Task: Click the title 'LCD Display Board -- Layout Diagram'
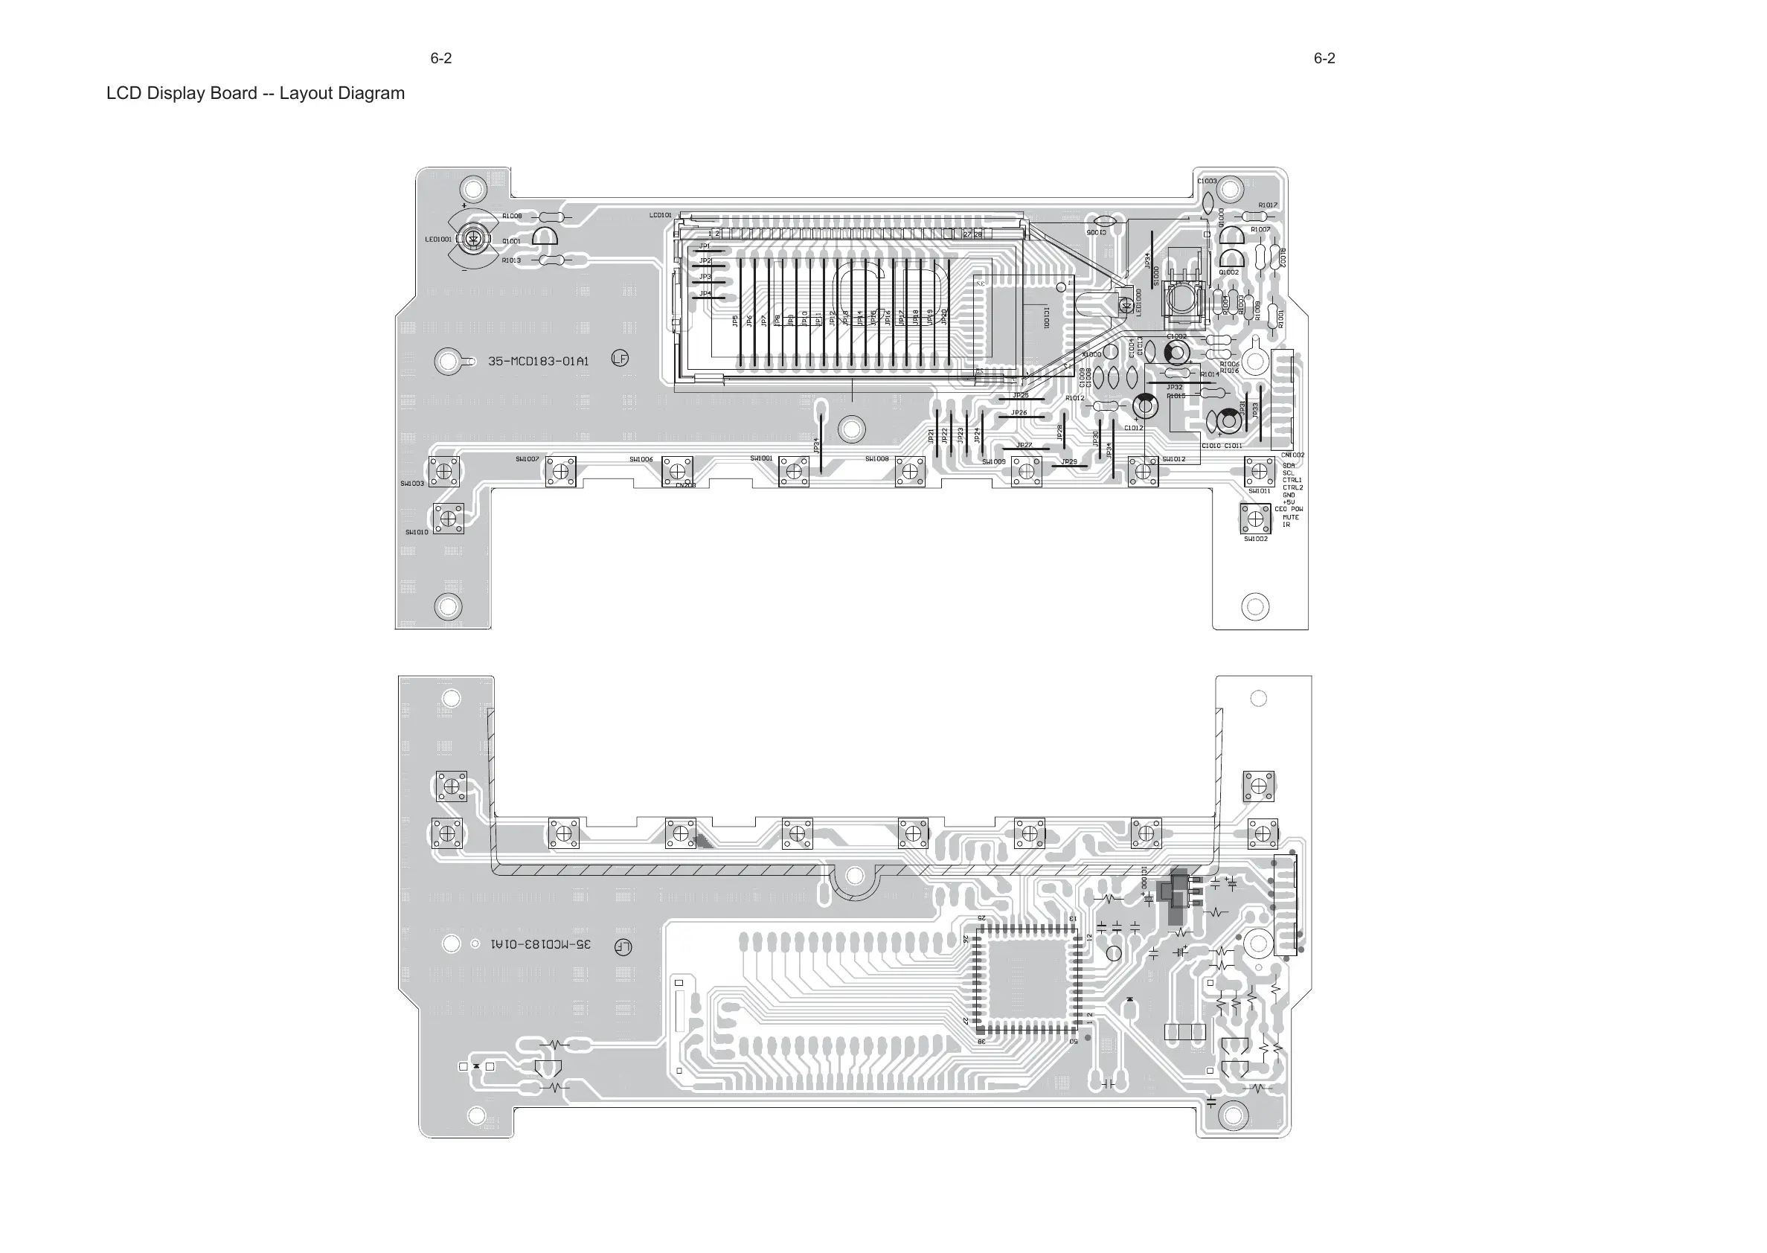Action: point(255,93)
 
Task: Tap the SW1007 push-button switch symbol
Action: point(561,472)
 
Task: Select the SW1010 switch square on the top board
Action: point(448,519)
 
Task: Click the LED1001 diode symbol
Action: point(474,239)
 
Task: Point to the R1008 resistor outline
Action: point(551,217)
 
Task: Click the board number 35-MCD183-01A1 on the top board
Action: point(538,361)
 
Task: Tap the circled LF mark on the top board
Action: point(620,359)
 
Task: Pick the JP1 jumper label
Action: point(704,246)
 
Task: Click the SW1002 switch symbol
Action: point(1255,519)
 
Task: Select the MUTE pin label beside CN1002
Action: point(1290,517)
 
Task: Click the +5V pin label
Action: point(1289,502)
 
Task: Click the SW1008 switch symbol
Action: point(910,472)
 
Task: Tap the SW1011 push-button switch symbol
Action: point(1259,471)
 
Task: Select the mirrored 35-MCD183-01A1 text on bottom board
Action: point(541,944)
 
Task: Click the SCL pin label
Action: point(1288,473)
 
